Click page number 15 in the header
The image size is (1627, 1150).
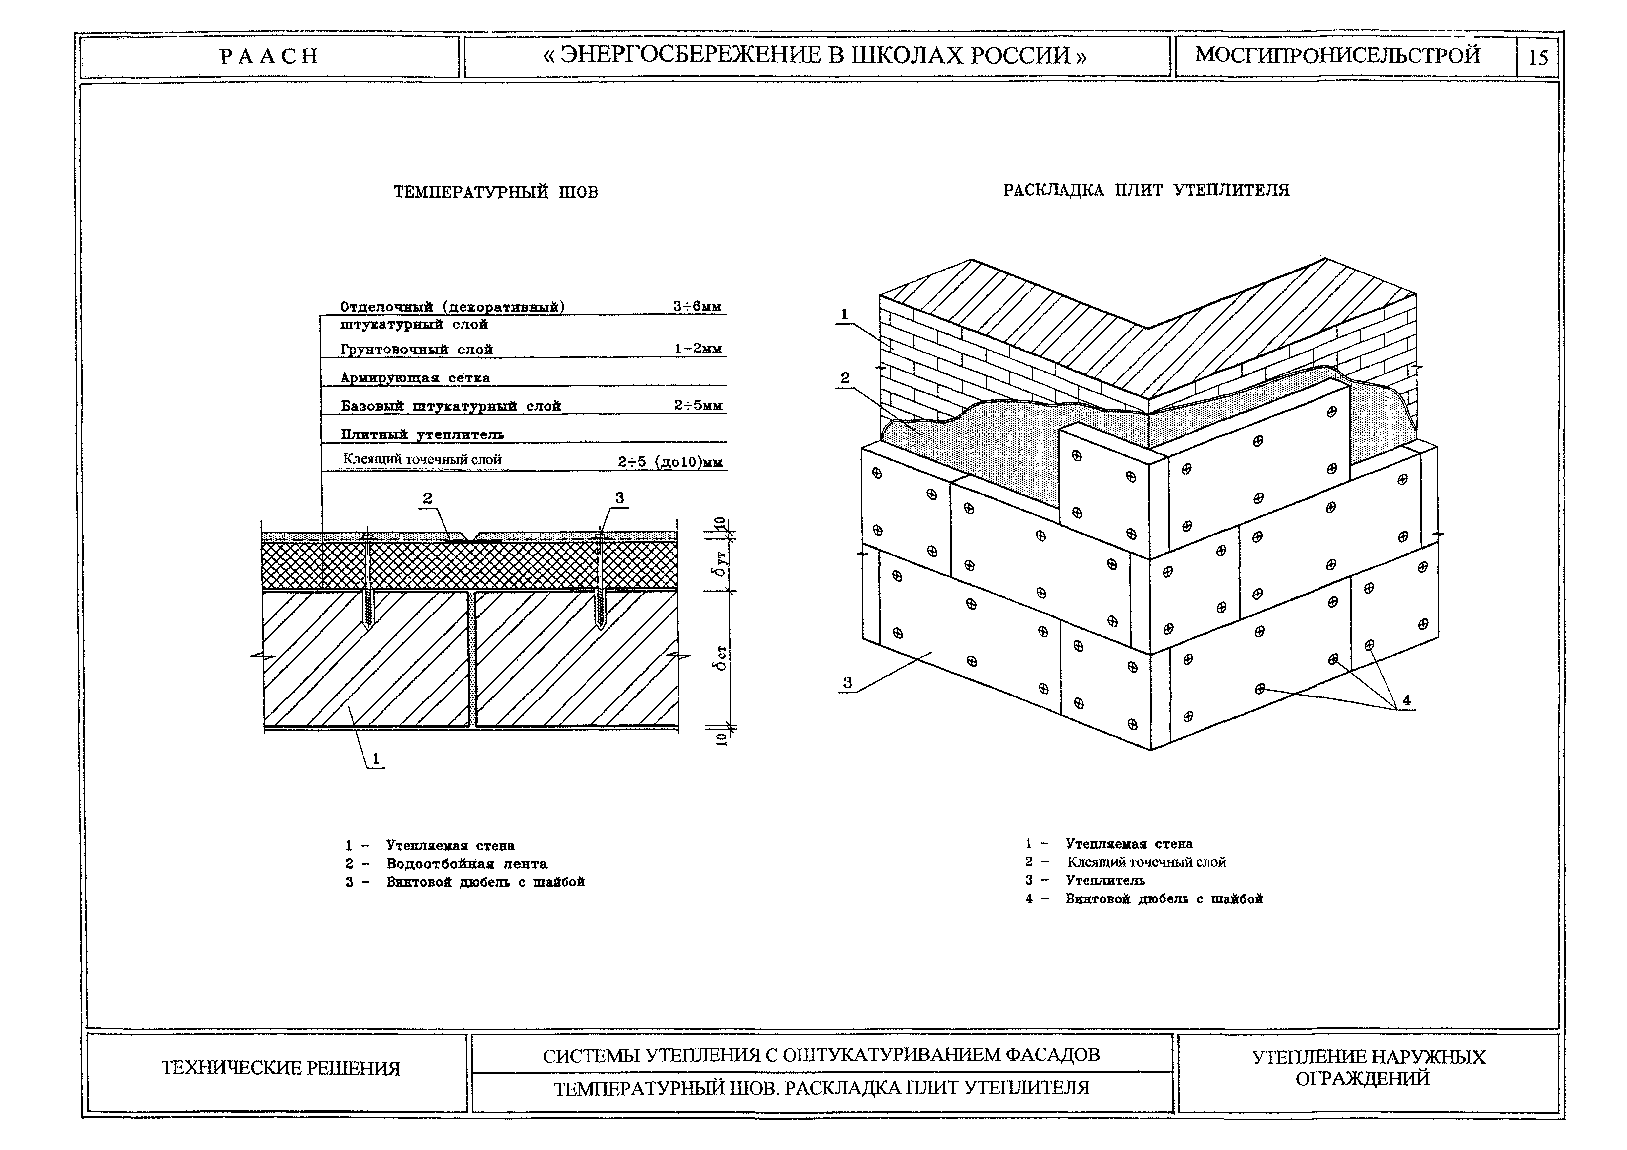(x=1538, y=57)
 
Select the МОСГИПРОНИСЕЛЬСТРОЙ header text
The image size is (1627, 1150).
(x=1338, y=55)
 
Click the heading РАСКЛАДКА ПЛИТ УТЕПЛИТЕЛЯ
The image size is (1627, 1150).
(x=1146, y=190)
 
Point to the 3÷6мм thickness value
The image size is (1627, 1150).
(x=697, y=307)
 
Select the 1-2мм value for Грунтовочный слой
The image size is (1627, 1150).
(x=697, y=349)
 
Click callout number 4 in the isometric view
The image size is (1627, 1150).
(x=1406, y=700)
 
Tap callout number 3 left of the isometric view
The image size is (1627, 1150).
(x=847, y=683)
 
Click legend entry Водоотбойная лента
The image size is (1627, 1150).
(x=466, y=864)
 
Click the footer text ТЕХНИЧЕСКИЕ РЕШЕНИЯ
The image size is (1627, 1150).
(x=280, y=1068)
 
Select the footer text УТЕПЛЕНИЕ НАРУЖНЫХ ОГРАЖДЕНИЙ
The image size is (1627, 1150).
(x=1368, y=1068)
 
